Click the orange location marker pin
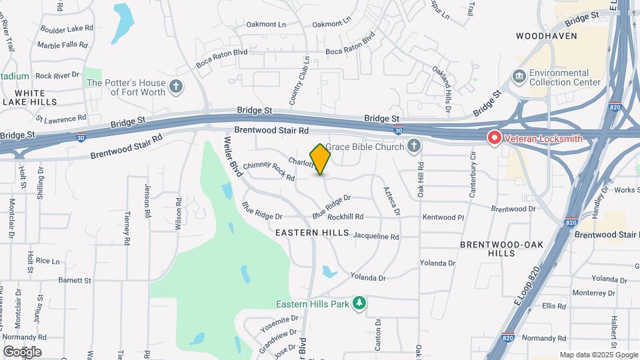tap(321, 159)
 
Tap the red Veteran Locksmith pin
tap(494, 138)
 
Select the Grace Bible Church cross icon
tap(414, 145)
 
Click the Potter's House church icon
tap(176, 87)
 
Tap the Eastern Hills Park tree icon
tap(359, 304)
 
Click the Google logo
tap(22, 351)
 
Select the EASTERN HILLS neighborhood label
tap(312, 233)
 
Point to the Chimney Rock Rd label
tap(269, 171)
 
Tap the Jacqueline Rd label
tap(375, 237)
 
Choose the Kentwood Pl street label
tap(443, 217)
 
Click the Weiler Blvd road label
tap(231, 151)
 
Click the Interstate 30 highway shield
tap(398, 131)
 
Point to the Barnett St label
tap(75, 281)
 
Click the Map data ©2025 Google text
tap(598, 355)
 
